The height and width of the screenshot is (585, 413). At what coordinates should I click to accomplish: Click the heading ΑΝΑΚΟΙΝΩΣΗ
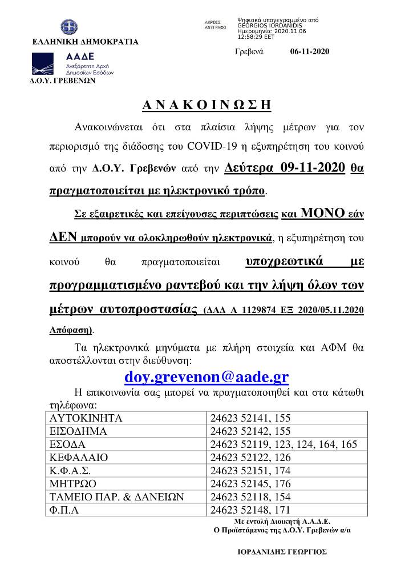coord(206,106)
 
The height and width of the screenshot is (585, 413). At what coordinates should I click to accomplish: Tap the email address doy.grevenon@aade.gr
coord(206,377)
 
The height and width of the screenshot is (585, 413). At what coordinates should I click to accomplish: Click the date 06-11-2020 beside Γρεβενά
coord(310,51)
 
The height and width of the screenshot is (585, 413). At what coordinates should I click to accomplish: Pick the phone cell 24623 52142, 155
coord(250,431)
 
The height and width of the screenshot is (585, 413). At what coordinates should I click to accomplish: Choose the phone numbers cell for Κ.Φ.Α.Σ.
coord(250,471)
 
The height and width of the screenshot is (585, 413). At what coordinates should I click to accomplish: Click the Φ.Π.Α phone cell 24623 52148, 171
coord(250,510)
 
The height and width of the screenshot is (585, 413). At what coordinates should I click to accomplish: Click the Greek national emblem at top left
coord(67,27)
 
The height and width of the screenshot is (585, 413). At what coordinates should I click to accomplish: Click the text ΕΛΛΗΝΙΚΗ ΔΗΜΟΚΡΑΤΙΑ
coord(86,42)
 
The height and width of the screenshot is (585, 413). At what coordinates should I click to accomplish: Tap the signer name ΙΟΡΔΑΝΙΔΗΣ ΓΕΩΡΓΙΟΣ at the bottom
coord(282,552)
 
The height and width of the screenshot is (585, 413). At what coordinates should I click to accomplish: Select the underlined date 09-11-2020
coord(313,168)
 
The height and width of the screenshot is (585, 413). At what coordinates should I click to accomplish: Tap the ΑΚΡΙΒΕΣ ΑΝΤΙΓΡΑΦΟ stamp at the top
coord(215,24)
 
